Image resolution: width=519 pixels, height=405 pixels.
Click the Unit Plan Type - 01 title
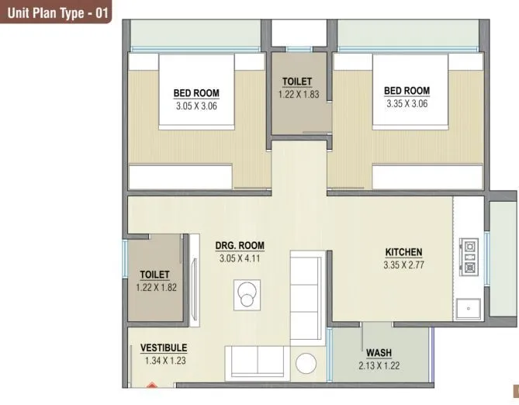pos(60,13)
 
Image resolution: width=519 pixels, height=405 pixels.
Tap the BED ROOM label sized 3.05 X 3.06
pos(196,93)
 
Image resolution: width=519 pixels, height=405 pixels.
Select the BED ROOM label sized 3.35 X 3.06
pos(407,91)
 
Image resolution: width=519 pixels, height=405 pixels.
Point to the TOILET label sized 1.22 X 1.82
pos(154,275)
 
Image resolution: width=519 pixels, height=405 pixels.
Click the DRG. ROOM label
pos(240,245)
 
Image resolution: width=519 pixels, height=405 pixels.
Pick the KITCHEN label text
pos(403,252)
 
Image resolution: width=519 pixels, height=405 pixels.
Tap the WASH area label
pos(379,353)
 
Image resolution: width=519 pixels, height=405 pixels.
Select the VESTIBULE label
pos(164,348)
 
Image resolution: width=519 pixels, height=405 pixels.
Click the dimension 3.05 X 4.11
pos(240,258)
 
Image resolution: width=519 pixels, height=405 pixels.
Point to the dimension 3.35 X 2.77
pos(403,265)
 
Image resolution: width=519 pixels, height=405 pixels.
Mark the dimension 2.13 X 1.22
pos(379,365)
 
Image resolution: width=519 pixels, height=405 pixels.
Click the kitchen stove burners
pos(469,255)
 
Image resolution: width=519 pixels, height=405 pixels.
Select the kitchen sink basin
pos(469,309)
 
